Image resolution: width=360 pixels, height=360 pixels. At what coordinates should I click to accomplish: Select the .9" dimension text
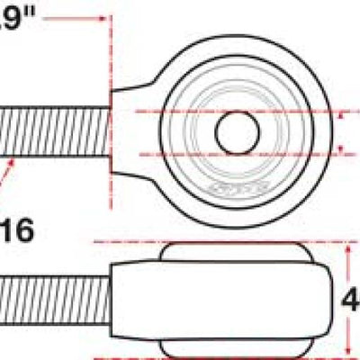point(18,16)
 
